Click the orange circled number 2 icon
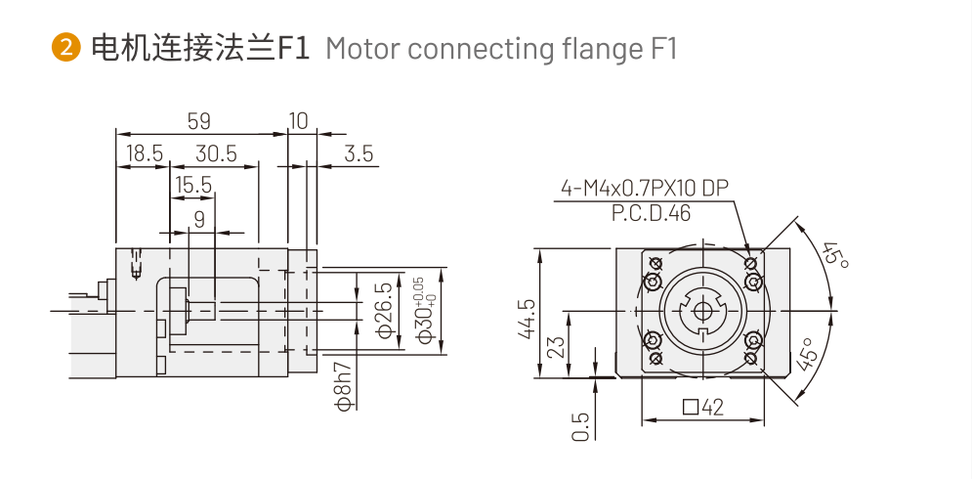coord(66,47)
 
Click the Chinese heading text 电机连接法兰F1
coord(199,47)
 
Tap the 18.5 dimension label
coord(144,153)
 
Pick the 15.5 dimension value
coord(193,185)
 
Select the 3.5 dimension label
coord(359,153)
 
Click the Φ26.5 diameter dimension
coord(385,311)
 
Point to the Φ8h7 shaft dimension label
coord(342,386)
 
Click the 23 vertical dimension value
coord(558,348)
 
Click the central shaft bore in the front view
coord(702,311)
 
